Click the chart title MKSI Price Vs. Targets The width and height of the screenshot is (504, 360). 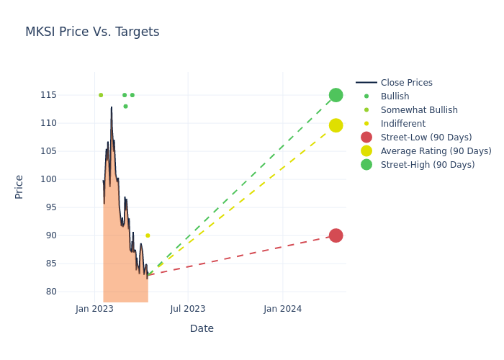(x=92, y=32)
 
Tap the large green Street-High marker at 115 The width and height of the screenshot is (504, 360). (x=336, y=95)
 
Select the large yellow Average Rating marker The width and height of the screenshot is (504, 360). (x=336, y=125)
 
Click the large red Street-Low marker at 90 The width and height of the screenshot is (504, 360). (x=336, y=235)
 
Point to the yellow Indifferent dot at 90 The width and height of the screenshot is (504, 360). (x=148, y=235)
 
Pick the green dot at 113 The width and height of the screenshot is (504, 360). (x=125, y=107)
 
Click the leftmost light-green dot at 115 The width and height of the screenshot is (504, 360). (x=101, y=95)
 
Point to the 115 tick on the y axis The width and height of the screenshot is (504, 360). (x=69, y=95)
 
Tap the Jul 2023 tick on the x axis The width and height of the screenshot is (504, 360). (x=188, y=309)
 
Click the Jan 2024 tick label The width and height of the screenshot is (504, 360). (x=282, y=309)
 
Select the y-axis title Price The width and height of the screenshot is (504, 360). (x=19, y=186)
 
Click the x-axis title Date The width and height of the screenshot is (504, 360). (x=202, y=329)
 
